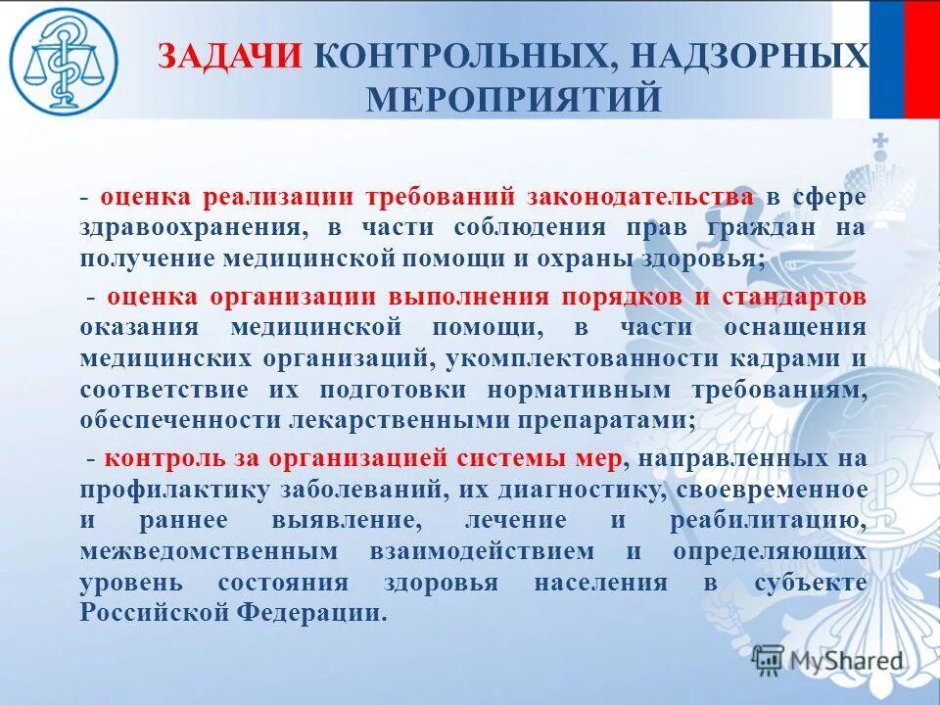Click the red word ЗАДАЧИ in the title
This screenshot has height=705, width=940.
coord(230,56)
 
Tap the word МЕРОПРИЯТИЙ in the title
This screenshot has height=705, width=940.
coord(513,99)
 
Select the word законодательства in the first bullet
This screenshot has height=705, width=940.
coord(641,196)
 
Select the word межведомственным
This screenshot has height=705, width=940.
coord(211,550)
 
